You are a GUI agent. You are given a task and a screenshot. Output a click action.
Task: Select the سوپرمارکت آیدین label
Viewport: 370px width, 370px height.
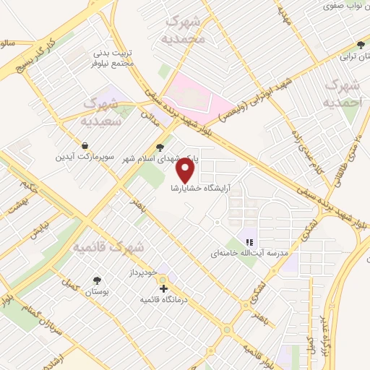[x=86, y=156]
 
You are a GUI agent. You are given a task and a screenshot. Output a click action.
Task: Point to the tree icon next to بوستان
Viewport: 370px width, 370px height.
[x=97, y=279]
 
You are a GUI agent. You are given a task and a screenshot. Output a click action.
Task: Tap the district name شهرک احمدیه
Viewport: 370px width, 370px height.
[x=342, y=94]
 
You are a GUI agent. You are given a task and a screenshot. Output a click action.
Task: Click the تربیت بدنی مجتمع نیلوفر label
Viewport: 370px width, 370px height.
[x=113, y=58]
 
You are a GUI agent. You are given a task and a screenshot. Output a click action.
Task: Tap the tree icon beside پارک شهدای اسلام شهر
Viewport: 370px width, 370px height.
[x=160, y=147]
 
